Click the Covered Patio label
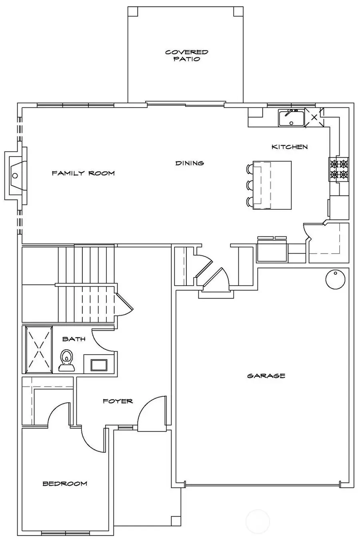tap(186, 55)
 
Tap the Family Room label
tap(83, 173)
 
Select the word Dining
tap(190, 163)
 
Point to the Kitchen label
tap(290, 147)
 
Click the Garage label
tap(266, 376)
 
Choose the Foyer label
tap(118, 401)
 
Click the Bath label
tap(74, 339)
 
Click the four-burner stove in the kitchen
tap(339, 168)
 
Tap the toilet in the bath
tap(66, 359)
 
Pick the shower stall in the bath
tap(39, 349)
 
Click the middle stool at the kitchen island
tap(250, 185)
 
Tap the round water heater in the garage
tap(334, 279)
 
